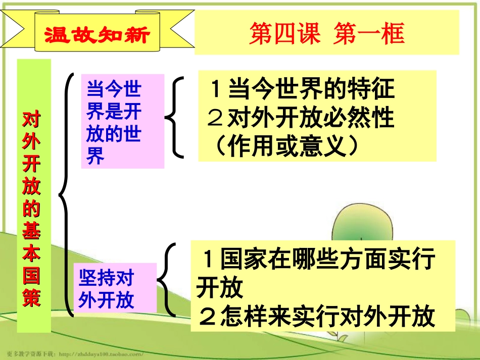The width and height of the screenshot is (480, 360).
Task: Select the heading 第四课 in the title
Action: [284, 34]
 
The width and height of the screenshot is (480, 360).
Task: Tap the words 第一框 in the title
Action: [369, 34]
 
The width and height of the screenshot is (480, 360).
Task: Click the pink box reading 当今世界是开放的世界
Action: [123, 121]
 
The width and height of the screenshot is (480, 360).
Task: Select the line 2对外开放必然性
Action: [301, 119]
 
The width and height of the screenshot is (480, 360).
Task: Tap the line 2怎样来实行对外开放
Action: [317, 317]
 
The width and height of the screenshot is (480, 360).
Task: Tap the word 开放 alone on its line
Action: [220, 289]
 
